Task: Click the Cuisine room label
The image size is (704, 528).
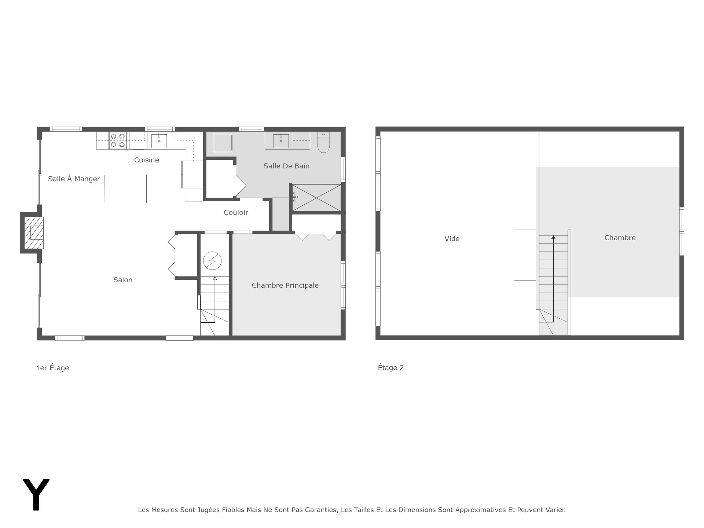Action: point(146,160)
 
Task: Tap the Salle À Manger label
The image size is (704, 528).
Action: point(74,179)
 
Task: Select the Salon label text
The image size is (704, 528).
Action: point(123,280)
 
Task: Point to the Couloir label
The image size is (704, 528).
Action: point(236,213)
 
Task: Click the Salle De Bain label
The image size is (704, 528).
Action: point(286,166)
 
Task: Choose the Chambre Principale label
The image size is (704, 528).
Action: point(285,286)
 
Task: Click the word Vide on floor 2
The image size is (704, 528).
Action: point(452,239)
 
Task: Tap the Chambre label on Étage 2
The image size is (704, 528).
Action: point(620,238)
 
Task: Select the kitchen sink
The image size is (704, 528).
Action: point(159,141)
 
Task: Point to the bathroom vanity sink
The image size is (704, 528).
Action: point(281,141)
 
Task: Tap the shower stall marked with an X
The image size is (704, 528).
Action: point(316,198)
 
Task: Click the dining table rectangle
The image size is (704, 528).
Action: point(125,189)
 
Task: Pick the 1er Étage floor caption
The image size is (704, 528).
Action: point(52,368)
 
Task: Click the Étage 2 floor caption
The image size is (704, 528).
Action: point(391,368)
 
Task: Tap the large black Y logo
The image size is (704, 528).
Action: point(36,494)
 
